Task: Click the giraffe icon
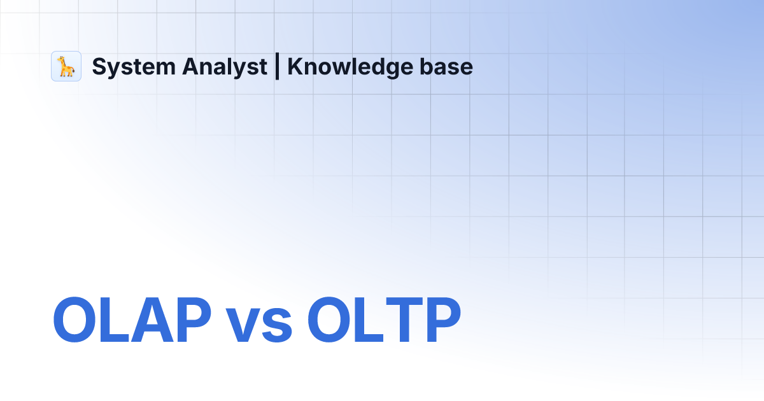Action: coord(66,66)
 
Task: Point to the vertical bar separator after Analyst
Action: coord(277,67)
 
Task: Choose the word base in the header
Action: coord(450,67)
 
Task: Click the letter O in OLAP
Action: coord(77,321)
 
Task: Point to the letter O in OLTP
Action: coord(331,321)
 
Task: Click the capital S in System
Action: coord(99,67)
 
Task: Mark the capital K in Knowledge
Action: coord(294,67)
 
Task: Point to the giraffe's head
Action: coord(62,59)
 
